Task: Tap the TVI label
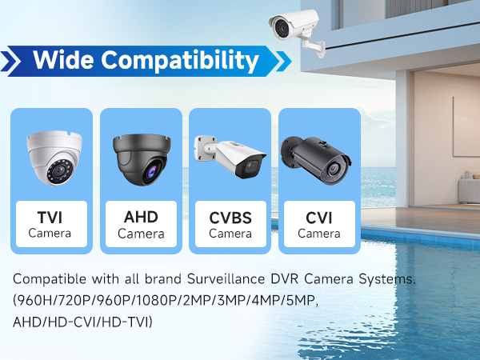click(x=50, y=218)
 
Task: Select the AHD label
click(x=140, y=218)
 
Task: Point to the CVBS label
click(x=230, y=218)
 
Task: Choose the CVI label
click(x=318, y=218)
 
